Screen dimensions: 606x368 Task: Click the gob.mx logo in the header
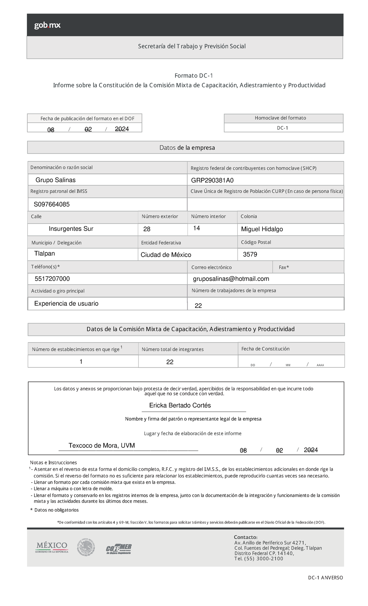[47, 25]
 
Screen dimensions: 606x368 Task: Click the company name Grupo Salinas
[56, 180]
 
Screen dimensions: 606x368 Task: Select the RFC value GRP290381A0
[212, 180]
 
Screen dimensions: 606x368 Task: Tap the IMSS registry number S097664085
[52, 204]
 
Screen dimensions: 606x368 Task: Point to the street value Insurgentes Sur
[71, 229]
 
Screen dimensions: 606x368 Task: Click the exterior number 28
[147, 229]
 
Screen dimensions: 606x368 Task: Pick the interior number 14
[197, 228]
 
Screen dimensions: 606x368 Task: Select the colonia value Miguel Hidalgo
[262, 229]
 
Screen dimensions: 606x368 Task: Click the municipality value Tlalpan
[45, 253]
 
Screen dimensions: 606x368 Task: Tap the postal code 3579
[250, 254]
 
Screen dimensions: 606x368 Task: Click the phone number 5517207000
[52, 279]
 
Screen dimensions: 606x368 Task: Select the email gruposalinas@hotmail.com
[231, 279]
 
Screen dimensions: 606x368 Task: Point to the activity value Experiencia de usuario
[66, 303]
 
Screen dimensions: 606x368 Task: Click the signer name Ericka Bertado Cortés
[180, 405]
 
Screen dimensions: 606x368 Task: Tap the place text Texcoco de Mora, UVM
[102, 445]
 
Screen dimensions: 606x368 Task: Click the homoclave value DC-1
[282, 128]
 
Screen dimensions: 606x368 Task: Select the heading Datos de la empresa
[187, 148]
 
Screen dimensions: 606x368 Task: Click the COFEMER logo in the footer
[119, 549]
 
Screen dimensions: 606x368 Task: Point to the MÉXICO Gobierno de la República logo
[52, 547]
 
